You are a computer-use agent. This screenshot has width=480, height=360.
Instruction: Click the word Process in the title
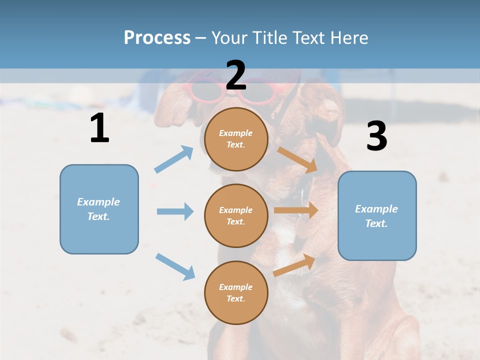(x=157, y=37)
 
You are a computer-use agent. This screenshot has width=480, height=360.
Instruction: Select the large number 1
(x=99, y=128)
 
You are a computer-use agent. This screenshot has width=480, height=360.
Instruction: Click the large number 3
(x=376, y=136)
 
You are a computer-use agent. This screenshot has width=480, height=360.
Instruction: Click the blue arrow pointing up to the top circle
(x=174, y=159)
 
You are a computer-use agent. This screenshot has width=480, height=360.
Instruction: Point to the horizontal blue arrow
(x=175, y=211)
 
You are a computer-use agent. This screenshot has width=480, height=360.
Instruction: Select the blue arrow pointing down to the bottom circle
(x=175, y=266)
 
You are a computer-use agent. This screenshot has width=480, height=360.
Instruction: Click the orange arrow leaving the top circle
(x=297, y=159)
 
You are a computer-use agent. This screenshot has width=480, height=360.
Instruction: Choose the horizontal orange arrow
(x=295, y=210)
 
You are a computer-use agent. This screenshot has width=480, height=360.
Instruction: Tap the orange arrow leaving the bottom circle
(x=294, y=265)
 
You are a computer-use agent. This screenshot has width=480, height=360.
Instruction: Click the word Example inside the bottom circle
(x=236, y=287)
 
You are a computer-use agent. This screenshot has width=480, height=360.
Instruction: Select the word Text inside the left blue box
(x=98, y=216)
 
